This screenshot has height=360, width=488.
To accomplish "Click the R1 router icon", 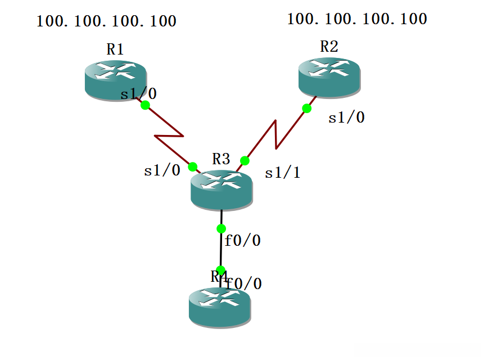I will (115, 79).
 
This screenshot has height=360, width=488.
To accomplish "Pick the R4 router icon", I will (219, 307).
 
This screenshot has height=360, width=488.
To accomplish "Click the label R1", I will (115, 49).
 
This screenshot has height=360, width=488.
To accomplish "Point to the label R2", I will (329, 47).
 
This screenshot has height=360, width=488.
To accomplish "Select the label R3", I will (221, 159).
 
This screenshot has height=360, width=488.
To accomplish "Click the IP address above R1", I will (107, 21).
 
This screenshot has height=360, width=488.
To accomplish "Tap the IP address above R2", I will (357, 19).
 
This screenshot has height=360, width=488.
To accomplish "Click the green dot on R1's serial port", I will (145, 105).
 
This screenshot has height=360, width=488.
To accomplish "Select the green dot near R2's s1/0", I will (306, 108).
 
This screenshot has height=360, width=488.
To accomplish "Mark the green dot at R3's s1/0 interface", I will (192, 166).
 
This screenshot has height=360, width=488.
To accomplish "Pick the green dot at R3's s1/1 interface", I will (245, 160).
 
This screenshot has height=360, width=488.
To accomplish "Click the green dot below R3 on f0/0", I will (221, 228).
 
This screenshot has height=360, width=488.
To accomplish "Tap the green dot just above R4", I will (221, 270).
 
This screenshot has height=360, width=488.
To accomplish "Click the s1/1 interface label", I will (282, 173).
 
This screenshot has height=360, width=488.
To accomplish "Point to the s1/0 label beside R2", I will (346, 118).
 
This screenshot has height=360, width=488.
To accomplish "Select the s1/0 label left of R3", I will (162, 170).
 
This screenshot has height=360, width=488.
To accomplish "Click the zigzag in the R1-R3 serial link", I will (169, 136).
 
